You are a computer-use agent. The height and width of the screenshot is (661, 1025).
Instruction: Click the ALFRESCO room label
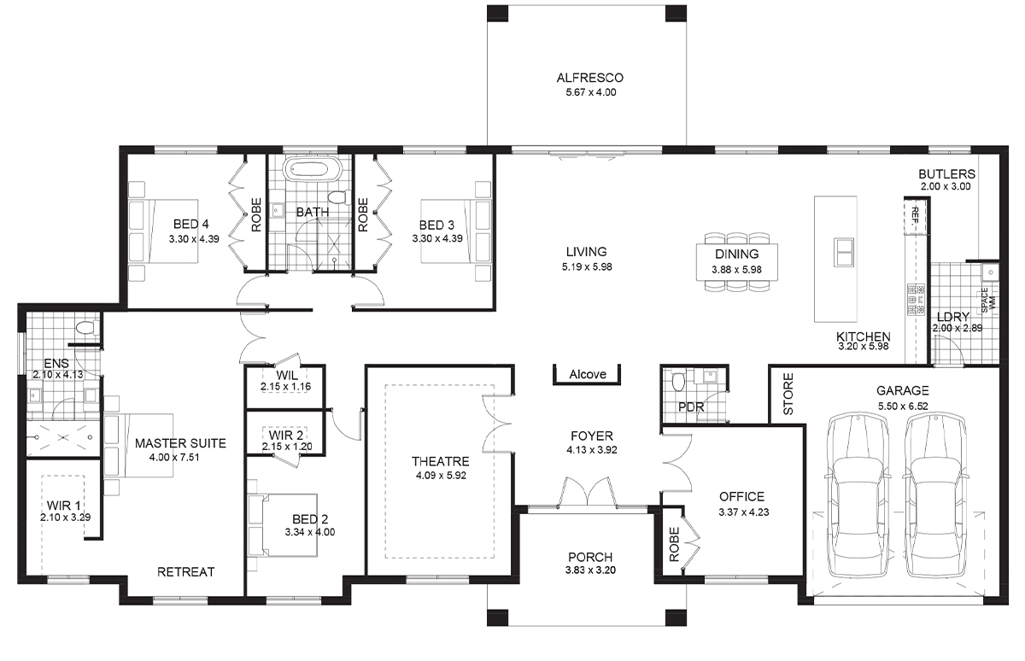point(590,78)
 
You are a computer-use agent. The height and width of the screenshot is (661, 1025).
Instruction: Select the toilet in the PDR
point(678,381)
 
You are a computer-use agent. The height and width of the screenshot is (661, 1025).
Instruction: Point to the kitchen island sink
point(843,252)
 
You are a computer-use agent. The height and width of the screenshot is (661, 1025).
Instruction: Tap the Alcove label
point(588,374)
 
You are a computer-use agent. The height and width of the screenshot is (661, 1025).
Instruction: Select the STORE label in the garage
point(788,394)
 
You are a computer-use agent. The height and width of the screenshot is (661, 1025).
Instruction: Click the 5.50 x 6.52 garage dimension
point(902,406)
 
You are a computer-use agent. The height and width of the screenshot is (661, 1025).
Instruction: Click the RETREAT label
point(186,572)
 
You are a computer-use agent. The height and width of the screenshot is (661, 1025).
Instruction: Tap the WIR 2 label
point(285,435)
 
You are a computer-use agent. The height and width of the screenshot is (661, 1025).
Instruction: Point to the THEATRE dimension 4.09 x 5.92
point(441,476)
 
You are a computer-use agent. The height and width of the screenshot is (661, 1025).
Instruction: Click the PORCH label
point(590,557)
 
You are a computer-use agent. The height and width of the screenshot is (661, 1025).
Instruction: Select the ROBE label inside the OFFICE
point(674,544)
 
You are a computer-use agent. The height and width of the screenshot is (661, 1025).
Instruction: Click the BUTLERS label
point(946,174)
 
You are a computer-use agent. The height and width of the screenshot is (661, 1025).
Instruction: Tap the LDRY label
point(953,317)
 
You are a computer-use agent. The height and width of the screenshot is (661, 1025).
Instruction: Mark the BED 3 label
point(436,225)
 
